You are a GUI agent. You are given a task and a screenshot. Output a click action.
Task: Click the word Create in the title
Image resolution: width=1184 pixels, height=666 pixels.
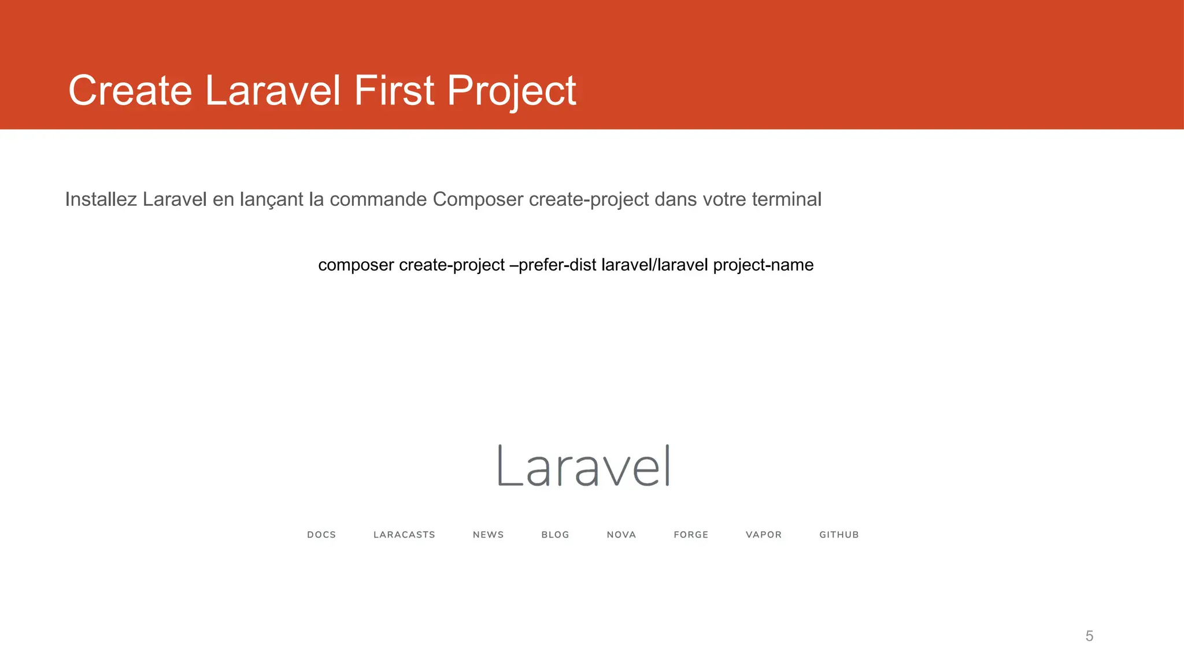tap(130, 91)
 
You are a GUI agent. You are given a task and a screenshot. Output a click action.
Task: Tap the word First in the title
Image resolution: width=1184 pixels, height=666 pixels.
tap(394, 91)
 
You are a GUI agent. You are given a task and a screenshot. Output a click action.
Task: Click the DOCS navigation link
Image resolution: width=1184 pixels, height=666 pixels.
tap(321, 535)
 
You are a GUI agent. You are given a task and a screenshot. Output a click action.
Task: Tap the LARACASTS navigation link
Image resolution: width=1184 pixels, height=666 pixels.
tap(404, 535)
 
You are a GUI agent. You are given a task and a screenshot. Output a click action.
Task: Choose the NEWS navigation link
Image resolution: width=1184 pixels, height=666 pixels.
tap(488, 535)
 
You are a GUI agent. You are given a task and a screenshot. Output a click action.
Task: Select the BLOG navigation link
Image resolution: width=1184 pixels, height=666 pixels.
tap(555, 535)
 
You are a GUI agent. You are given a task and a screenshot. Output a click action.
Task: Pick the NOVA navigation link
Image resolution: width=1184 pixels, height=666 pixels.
tap(621, 535)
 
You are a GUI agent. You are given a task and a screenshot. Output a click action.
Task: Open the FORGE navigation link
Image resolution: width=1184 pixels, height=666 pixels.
tap(691, 535)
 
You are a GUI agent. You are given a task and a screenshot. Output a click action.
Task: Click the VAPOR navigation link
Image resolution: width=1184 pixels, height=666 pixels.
tap(763, 535)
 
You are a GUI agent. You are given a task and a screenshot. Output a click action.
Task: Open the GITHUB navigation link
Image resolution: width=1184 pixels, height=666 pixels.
tap(839, 535)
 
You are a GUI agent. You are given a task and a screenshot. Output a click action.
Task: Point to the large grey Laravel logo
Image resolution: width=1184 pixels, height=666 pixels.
tap(584, 466)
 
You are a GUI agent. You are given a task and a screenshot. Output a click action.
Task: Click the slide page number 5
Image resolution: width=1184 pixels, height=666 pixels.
tap(1089, 636)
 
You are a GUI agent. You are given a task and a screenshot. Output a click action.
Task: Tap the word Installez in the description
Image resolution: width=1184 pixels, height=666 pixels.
tap(101, 199)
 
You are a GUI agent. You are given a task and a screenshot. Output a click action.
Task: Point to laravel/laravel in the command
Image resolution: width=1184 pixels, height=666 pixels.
tap(654, 265)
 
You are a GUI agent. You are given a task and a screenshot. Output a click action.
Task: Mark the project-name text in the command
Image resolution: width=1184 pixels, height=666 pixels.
tap(763, 265)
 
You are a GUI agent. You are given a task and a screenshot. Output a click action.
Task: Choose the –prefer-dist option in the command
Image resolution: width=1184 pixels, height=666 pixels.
tap(553, 265)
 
